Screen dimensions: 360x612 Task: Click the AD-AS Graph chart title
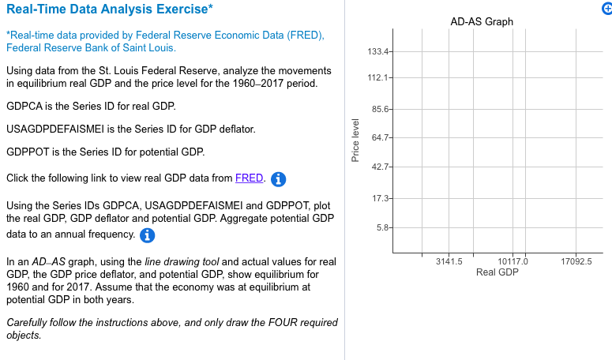(x=482, y=21)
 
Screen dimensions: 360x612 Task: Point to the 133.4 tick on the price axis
(x=378, y=52)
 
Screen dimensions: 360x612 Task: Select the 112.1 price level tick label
(x=378, y=78)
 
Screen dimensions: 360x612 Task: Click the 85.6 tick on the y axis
(x=380, y=109)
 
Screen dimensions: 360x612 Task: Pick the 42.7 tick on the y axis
(x=380, y=167)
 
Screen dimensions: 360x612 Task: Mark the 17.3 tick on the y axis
(x=380, y=197)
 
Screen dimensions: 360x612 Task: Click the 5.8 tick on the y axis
(x=382, y=228)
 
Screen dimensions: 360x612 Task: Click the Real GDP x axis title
(x=497, y=272)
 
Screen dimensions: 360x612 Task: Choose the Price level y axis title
(x=355, y=141)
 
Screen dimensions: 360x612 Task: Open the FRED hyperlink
(x=249, y=178)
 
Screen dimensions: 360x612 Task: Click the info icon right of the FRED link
(x=278, y=179)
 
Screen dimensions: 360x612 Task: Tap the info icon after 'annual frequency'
(x=147, y=235)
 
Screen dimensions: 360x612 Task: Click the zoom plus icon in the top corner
(x=606, y=6)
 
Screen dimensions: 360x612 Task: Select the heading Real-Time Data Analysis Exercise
(x=110, y=9)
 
